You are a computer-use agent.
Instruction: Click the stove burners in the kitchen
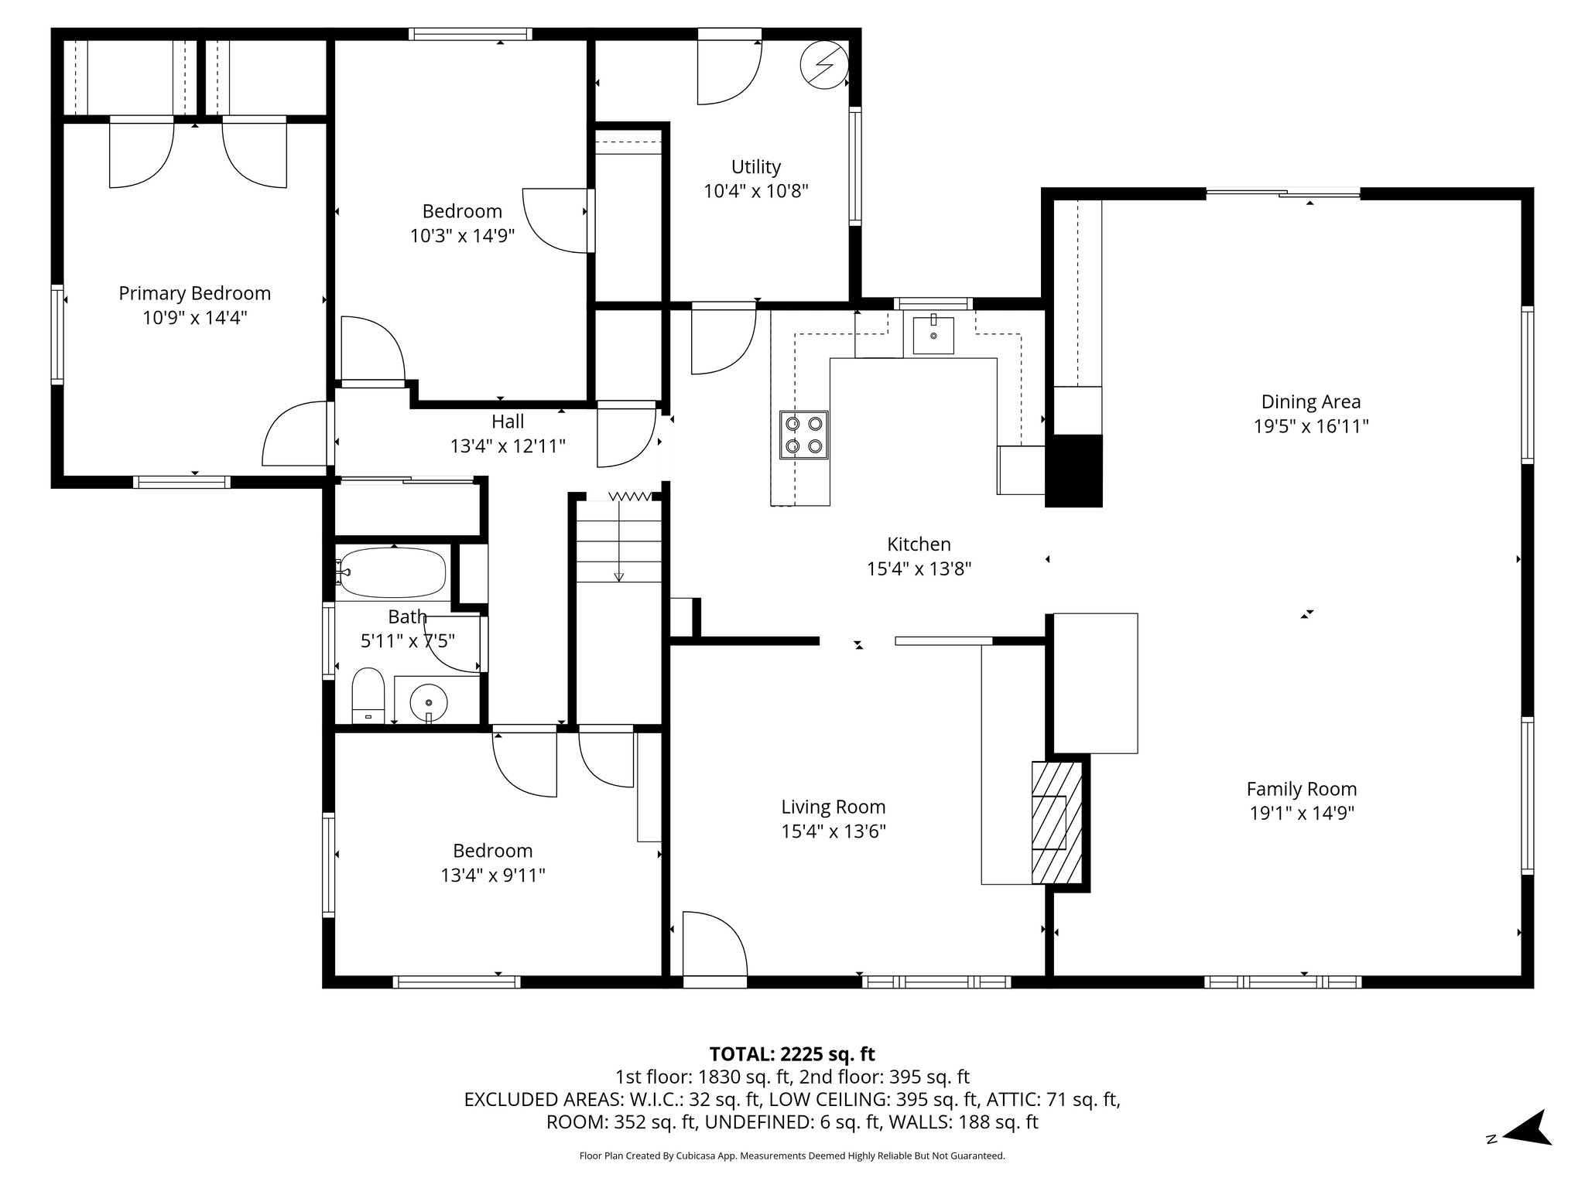pyautogui.click(x=803, y=435)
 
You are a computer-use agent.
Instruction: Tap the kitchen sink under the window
pyautogui.click(x=933, y=335)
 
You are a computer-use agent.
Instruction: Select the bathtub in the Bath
pyautogui.click(x=392, y=572)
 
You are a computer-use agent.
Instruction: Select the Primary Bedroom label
pyautogui.click(x=194, y=293)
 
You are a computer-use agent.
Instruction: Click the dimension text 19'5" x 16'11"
pyautogui.click(x=1310, y=426)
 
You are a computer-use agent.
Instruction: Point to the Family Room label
pyautogui.click(x=1301, y=789)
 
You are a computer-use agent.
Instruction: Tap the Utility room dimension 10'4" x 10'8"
pyautogui.click(x=755, y=191)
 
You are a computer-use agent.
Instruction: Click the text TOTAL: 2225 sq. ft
pyautogui.click(x=792, y=1053)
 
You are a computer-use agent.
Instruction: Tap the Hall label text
pyautogui.click(x=508, y=422)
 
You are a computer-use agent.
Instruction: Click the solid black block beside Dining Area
pyautogui.click(x=1073, y=470)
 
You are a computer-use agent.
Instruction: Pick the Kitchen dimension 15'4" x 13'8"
pyautogui.click(x=919, y=568)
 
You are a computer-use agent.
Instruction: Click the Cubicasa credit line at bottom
pyautogui.click(x=792, y=1156)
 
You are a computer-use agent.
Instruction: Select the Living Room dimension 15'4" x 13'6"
pyautogui.click(x=833, y=831)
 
